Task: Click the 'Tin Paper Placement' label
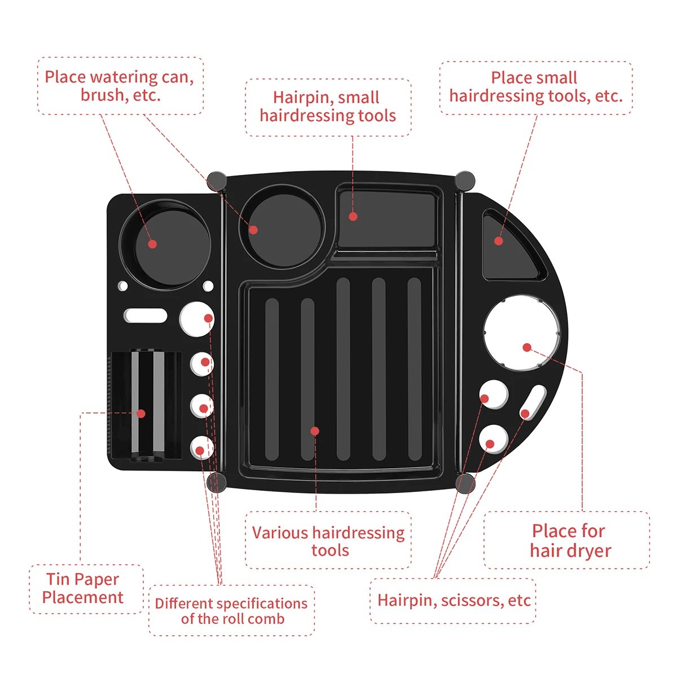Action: pos(83,588)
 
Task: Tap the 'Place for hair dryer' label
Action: pos(569,540)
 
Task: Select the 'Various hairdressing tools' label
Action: pos(328,541)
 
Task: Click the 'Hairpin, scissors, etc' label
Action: pos(454,600)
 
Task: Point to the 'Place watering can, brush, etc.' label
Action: pos(120,86)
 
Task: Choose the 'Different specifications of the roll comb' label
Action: pos(231,611)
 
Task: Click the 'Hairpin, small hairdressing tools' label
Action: pos(328,107)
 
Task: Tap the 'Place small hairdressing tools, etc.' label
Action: pos(535,87)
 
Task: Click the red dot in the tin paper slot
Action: pos(141,414)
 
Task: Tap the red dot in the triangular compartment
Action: pos(498,241)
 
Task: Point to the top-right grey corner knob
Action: pos(465,181)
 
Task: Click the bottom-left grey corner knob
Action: pos(217,483)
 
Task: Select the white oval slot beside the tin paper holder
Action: pos(146,315)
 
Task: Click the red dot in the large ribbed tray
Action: pos(315,431)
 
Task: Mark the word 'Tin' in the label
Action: pos(58,579)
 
